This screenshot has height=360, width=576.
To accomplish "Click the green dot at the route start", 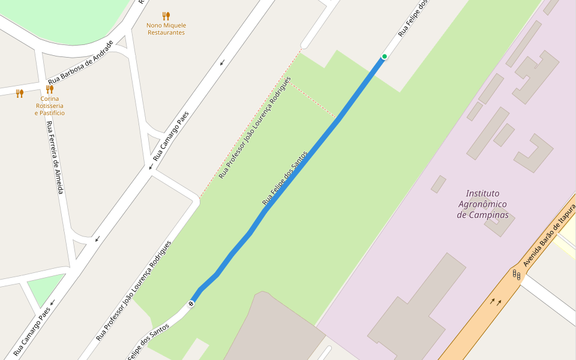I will pos(384,56).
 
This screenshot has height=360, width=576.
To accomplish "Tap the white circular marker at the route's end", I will pos(191,304).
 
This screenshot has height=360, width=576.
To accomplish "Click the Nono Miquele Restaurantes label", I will pos(166,29).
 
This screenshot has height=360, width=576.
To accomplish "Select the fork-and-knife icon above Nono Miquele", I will pos(166,16).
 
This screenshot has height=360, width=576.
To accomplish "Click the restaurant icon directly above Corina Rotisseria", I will pos(50,89).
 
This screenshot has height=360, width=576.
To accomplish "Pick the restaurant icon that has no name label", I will pos(20,93).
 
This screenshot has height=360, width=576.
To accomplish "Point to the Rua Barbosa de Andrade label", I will pos(80,62).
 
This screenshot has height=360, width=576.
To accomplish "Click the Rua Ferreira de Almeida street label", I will pos(55,157).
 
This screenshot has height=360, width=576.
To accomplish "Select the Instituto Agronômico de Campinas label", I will pos(482,204).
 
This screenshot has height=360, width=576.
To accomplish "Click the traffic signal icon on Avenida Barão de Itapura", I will pos(516,275).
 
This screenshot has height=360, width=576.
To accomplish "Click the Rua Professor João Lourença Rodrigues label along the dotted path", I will pos(255,127).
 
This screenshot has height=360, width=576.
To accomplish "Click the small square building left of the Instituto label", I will pos(438,184).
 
